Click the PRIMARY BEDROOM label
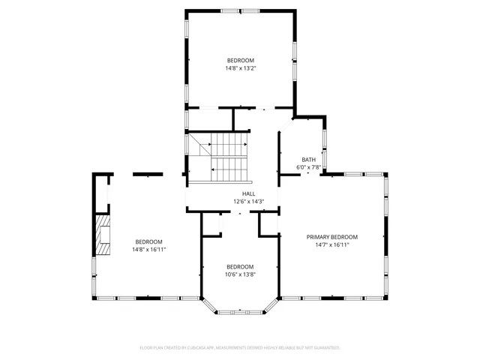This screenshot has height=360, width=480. click(x=332, y=237)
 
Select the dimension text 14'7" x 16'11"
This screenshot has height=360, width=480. click(x=332, y=244)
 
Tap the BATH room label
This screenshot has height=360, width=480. click(x=309, y=160)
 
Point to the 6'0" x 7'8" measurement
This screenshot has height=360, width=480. click(x=309, y=167)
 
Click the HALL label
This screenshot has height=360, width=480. click(x=238, y=193)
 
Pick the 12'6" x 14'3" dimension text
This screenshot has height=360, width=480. click(x=238, y=201)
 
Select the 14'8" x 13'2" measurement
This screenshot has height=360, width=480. click(x=241, y=68)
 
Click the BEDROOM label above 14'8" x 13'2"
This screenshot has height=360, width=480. click(x=241, y=60)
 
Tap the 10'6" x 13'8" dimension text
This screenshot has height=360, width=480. click(x=240, y=274)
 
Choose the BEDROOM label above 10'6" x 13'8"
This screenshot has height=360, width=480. click(x=240, y=267)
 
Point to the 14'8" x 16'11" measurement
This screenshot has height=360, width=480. click(x=148, y=249)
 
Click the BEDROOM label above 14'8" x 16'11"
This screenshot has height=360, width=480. click(x=148, y=241)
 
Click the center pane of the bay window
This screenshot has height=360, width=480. click(x=240, y=310)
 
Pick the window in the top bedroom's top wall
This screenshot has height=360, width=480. click(x=242, y=10)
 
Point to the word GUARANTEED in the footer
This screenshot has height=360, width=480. click(x=324, y=348)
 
